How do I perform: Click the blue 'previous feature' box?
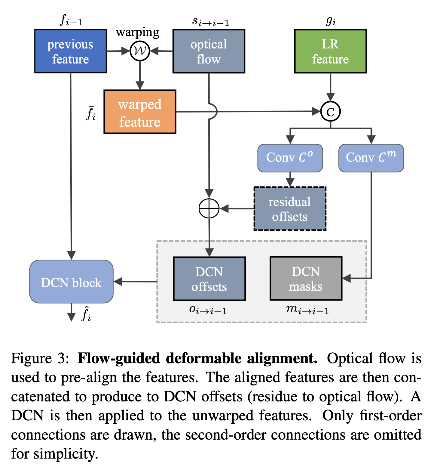pos(70,51)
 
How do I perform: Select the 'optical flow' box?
pos(209,51)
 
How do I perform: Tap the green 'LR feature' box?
pos(330,51)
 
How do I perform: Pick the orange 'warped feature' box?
pos(140,112)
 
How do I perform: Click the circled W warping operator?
pos(140,51)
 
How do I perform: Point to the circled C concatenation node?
pos(330,112)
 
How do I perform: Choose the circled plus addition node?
pos(209,208)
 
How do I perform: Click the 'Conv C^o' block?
pos(290,158)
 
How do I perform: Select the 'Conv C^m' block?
pos(371,158)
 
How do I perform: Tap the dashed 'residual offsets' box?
pos(290,209)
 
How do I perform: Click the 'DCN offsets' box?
pos(209,279)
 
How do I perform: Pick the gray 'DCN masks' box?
pos(306,279)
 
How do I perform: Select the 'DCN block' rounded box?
pos(71,282)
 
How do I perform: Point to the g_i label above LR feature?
pos(331,21)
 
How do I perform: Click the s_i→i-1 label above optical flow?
pos(210,21)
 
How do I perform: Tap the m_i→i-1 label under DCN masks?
pos(307,310)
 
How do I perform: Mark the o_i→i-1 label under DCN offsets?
pos(208,310)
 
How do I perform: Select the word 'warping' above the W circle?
pos(137,32)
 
